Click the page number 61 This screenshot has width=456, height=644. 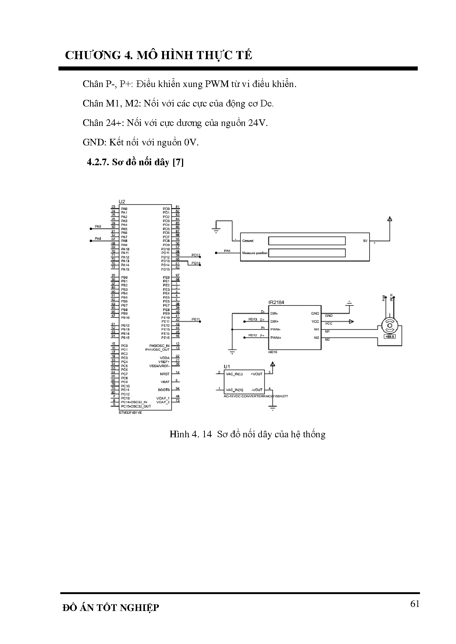[x=414, y=604]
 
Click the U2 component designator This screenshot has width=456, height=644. [x=122, y=202]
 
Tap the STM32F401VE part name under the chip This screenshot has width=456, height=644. [x=130, y=412]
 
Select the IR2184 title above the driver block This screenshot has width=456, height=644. [x=276, y=303]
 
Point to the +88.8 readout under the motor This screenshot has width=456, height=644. [x=389, y=336]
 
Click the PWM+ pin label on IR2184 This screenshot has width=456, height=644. [x=275, y=338]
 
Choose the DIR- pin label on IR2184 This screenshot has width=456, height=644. [x=274, y=314]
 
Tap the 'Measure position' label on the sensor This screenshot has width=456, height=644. [x=254, y=253]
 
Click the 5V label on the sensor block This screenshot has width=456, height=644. [x=365, y=241]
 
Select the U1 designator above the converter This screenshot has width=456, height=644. [x=227, y=366]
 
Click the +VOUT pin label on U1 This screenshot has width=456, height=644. [x=257, y=374]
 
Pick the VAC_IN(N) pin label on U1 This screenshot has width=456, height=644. [x=234, y=390]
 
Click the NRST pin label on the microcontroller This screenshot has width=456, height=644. [x=165, y=374]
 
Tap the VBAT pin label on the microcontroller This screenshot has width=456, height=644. [x=165, y=382]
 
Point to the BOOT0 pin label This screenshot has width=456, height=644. [x=164, y=390]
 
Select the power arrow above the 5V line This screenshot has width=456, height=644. [x=389, y=220]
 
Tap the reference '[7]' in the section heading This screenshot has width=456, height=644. [x=178, y=162]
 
